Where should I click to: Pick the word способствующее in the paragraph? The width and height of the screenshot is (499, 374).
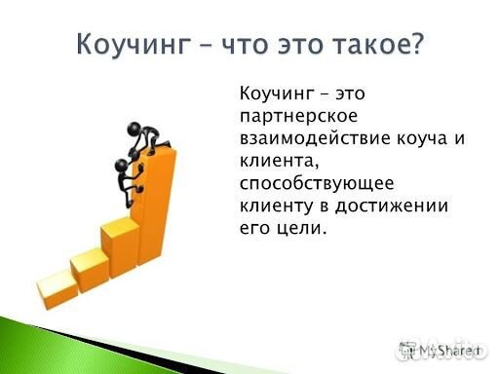point(304,183)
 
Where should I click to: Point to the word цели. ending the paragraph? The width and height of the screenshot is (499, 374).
point(297,228)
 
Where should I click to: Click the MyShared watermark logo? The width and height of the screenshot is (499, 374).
point(441,348)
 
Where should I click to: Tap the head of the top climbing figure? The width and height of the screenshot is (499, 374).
point(137,127)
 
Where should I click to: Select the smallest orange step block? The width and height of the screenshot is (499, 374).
point(58,283)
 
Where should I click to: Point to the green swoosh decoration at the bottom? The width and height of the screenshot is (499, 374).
point(146,341)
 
